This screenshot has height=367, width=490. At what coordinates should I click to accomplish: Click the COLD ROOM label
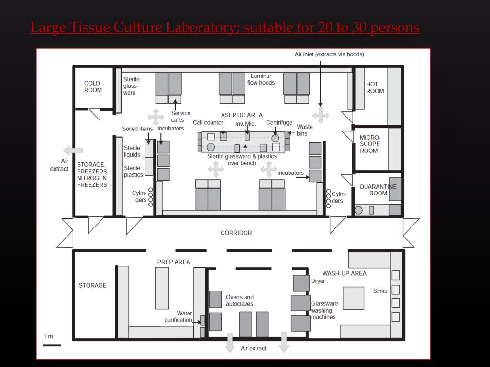coord(93,86)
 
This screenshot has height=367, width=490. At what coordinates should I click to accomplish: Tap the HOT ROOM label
coord(375,87)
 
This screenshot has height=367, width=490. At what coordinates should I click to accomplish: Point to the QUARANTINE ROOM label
coord(378,190)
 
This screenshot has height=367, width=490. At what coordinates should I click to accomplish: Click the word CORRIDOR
coord(236,233)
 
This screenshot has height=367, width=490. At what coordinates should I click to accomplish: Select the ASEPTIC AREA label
coord(242,115)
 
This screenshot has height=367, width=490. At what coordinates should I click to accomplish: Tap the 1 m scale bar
coord(52,345)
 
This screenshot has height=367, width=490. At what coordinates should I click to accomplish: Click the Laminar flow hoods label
coord(261,79)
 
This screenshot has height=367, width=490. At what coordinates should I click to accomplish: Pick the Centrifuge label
coord(279,123)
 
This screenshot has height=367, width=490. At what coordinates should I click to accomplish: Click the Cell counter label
coord(208,123)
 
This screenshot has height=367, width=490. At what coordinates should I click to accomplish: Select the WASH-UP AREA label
coord(344,273)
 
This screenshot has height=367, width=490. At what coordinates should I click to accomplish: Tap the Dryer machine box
coord(301,283)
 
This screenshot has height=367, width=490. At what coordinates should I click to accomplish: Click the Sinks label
coord(380,291)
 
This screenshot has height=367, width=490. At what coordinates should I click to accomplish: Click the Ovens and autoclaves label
coord(239,301)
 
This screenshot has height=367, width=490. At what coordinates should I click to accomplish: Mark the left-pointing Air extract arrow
coord(73,150)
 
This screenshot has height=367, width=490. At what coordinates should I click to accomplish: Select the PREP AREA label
coord(173,262)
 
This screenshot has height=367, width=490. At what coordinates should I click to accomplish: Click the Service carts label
coord(180,117)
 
